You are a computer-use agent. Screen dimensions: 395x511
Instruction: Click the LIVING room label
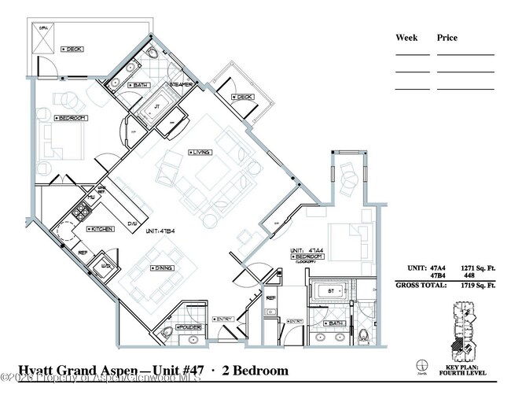(x=202, y=152)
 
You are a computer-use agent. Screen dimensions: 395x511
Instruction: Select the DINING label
(x=164, y=268)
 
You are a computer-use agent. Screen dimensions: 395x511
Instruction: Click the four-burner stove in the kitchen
(x=82, y=211)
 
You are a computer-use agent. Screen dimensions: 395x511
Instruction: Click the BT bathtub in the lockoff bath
(x=329, y=291)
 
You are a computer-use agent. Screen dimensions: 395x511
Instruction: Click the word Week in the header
(x=406, y=38)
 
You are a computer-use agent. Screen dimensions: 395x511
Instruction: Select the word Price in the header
(x=447, y=38)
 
